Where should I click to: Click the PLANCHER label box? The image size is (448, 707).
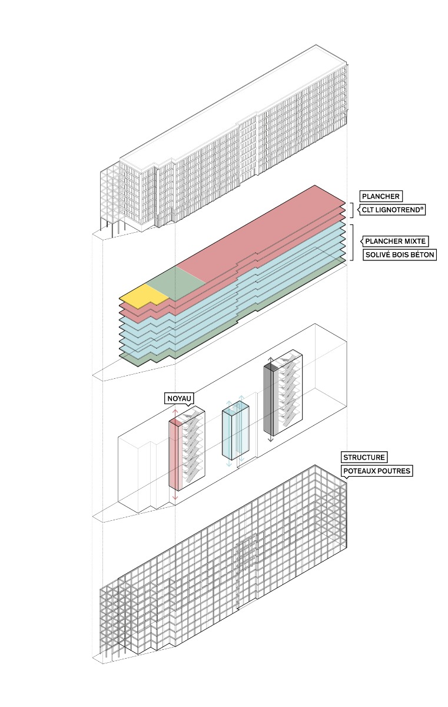point(381,197)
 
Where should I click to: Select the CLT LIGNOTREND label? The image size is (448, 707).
point(391,209)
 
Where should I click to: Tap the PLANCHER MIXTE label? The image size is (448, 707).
point(396,241)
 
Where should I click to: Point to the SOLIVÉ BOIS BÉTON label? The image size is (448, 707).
point(399,255)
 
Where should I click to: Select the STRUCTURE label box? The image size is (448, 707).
point(364,457)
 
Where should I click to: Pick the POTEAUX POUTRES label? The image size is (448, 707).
point(376,471)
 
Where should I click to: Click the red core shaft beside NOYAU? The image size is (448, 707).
point(174,454)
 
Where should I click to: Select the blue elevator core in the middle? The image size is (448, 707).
point(235,433)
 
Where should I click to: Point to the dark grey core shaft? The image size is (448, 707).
point(271,401)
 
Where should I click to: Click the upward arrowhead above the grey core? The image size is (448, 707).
point(271,359)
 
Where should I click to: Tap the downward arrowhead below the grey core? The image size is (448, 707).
point(271,440)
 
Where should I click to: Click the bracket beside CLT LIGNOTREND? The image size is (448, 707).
point(353,210)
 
